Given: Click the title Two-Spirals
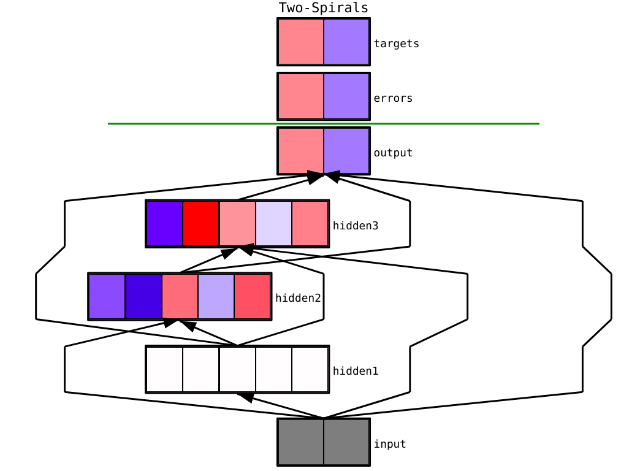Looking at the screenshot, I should [x=323, y=8].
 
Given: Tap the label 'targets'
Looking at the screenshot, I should [x=396, y=44].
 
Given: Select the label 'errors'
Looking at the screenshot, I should [x=393, y=98].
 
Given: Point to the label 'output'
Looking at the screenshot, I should [x=393, y=153].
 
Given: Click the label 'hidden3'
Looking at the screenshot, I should [x=356, y=226].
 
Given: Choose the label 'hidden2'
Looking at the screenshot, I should [x=298, y=298].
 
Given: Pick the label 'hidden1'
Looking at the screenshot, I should [x=356, y=371].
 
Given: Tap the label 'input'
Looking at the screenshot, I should [x=390, y=444].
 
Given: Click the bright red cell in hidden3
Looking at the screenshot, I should [x=201, y=224].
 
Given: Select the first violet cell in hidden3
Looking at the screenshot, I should [x=164, y=224].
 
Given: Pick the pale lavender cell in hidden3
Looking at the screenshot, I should [x=273, y=224].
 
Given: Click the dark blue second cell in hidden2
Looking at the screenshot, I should [x=143, y=297].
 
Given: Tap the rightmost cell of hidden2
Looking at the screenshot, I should [x=253, y=297].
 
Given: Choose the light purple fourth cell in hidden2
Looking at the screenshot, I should [x=216, y=297].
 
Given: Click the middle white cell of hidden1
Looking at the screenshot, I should [x=237, y=369].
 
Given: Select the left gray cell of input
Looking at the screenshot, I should [x=300, y=442].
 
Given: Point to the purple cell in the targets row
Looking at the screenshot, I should [x=346, y=42].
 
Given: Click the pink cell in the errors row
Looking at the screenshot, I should [x=300, y=96].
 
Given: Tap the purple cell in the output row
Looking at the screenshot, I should [x=346, y=151].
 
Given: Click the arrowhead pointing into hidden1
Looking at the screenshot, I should [x=245, y=397].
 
